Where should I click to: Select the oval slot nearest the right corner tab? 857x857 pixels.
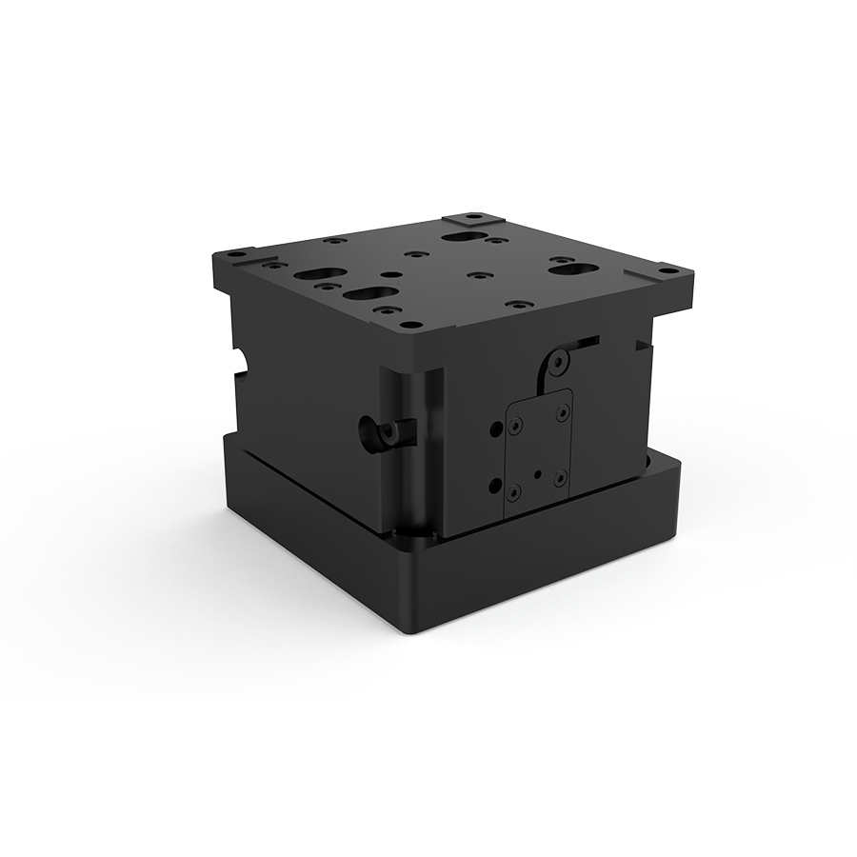(570, 269)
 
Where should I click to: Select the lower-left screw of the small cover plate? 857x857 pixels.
(515, 492)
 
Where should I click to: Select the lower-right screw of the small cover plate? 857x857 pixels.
(562, 476)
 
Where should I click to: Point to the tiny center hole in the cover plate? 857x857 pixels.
(539, 470)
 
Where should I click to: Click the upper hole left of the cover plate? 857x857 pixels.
(493, 429)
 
